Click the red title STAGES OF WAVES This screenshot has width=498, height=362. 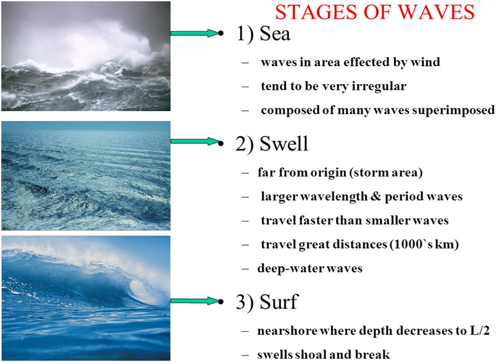(x=375, y=12)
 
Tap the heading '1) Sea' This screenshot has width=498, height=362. (x=264, y=34)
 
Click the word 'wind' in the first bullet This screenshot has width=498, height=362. (x=426, y=62)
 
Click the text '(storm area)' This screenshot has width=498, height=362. (x=386, y=173)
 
